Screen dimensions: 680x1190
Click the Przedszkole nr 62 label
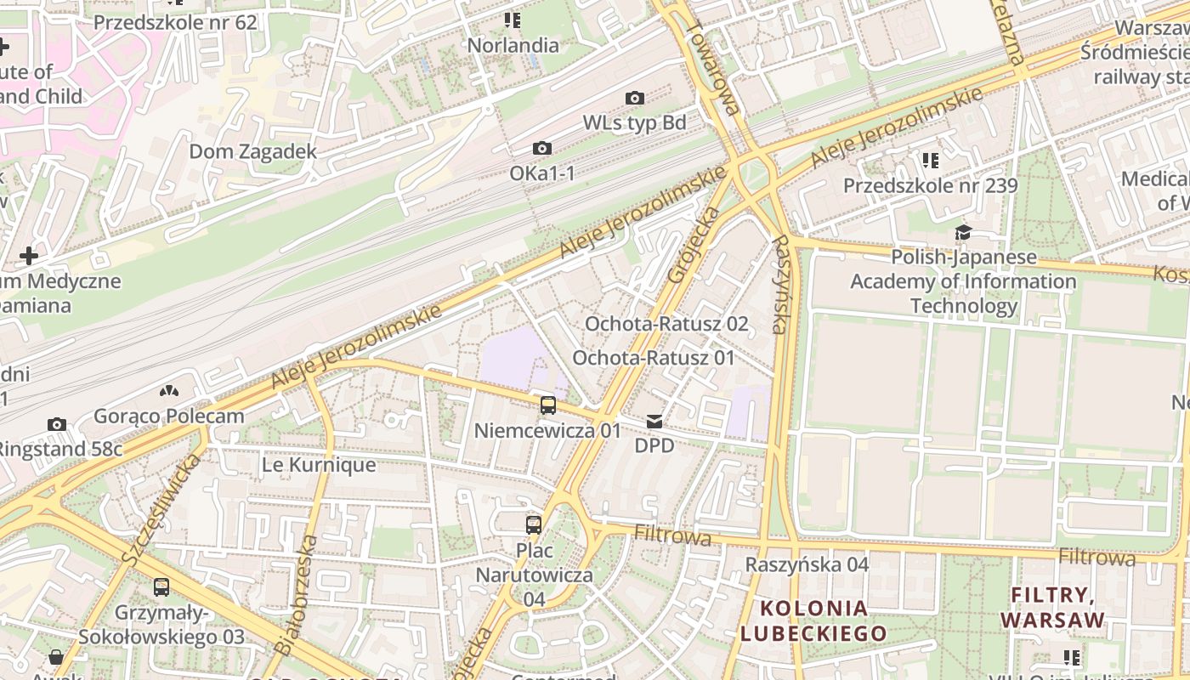174,22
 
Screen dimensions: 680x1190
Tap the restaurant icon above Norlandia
512,19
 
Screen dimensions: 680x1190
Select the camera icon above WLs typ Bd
634,99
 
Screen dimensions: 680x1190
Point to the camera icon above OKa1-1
541,149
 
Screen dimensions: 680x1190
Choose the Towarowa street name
712,67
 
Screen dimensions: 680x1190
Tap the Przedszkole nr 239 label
930,185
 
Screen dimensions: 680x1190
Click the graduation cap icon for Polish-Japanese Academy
963,232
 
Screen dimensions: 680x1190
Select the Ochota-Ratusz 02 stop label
666,324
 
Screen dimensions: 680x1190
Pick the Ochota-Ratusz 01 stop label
653,358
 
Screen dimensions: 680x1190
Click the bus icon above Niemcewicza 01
548,405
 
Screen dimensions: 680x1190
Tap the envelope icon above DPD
654,422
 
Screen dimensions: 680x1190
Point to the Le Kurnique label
319,465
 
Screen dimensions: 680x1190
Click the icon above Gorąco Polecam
169,391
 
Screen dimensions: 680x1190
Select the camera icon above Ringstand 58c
57,424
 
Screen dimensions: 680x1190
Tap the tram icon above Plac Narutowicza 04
533,524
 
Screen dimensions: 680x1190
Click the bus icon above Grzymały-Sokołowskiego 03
161,586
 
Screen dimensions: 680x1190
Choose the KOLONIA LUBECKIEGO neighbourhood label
813,620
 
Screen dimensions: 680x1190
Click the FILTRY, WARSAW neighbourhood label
1052,607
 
